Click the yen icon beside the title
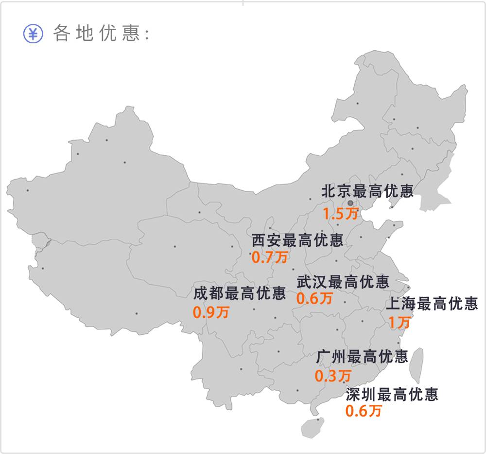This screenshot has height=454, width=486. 33,34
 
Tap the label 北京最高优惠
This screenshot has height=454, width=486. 367,191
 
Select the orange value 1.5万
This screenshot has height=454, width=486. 340,214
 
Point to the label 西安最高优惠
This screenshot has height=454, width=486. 297,240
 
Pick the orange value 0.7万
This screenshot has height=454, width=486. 269,257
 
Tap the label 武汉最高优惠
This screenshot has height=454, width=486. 343,282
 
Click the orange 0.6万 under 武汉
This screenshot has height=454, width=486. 314,298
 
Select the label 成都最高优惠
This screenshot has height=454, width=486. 239,293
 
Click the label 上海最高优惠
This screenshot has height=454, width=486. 432,304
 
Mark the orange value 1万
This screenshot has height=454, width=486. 399,322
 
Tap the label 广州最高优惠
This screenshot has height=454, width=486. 362,357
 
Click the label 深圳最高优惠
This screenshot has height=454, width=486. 392,394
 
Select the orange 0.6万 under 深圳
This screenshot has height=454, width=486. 364,411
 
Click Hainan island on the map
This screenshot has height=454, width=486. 312,427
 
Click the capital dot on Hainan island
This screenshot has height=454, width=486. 318,419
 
